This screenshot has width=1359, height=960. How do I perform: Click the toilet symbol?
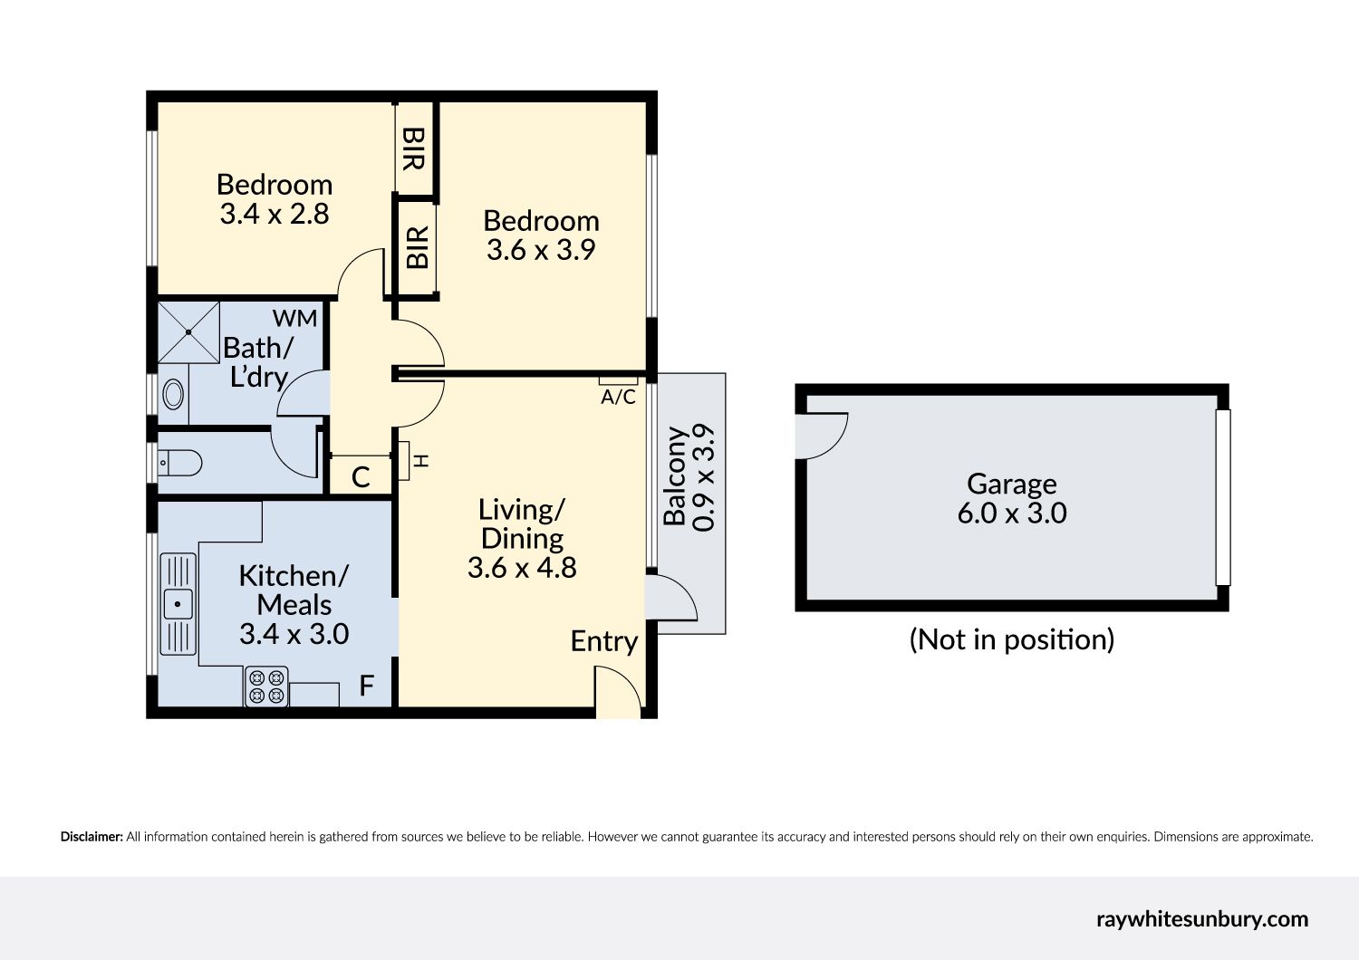click(179, 464)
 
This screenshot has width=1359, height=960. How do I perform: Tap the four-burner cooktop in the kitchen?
click(266, 686)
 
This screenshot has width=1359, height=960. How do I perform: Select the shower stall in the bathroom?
click(188, 332)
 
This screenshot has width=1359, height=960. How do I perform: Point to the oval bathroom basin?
click(174, 395)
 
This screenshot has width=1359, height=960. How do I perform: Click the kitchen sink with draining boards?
click(178, 604)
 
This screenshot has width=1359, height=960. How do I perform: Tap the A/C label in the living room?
click(618, 397)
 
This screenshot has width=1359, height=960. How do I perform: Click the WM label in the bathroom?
click(294, 319)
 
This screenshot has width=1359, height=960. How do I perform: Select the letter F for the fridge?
click(366, 686)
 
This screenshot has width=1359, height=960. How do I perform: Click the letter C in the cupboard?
click(361, 477)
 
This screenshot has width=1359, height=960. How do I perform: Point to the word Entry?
click(604, 641)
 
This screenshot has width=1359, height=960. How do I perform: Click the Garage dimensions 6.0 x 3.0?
click(1012, 513)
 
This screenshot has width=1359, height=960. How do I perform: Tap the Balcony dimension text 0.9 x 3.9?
click(704, 478)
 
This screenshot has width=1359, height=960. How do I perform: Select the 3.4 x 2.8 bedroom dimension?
click(275, 214)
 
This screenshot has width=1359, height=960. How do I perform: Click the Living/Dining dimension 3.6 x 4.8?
click(522, 568)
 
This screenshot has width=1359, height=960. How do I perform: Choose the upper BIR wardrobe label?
click(413, 149)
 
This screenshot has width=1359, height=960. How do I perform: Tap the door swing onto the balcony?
click(672, 597)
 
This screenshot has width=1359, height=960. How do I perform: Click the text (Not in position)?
click(1012, 639)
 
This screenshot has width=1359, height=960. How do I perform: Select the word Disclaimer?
click(92, 837)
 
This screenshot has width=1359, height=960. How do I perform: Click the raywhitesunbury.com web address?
click(1202, 919)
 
